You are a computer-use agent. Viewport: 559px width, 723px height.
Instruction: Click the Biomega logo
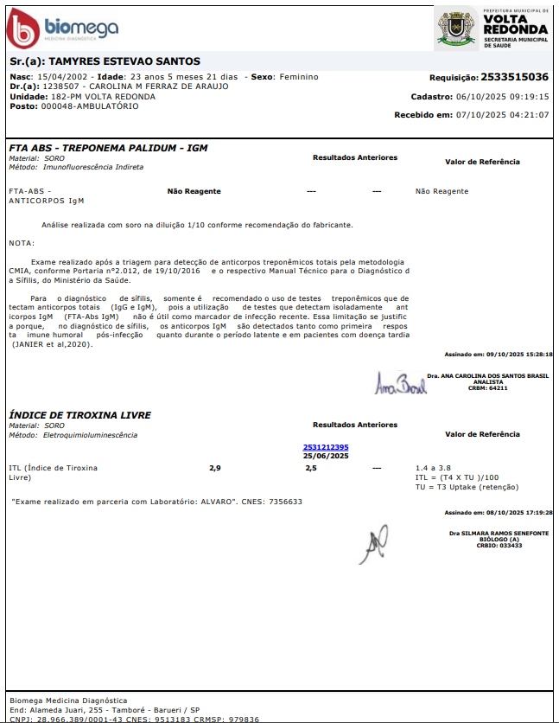tap(62, 29)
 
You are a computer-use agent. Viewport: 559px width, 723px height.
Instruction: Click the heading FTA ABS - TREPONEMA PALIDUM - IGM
tap(108, 148)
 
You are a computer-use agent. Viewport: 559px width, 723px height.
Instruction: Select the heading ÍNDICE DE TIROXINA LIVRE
tap(80, 415)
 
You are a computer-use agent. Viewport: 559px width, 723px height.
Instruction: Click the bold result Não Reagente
tap(194, 191)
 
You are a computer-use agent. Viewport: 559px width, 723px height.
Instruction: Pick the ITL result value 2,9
tap(215, 468)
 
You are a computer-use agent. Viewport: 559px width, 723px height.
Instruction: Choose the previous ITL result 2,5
tap(311, 468)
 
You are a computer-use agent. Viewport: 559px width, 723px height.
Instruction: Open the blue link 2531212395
tap(326, 447)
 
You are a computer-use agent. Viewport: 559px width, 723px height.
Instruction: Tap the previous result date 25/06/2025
tap(326, 456)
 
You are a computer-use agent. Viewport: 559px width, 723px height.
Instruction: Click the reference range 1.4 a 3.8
tap(433, 468)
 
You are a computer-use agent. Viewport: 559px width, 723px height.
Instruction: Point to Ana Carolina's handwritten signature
tap(400, 382)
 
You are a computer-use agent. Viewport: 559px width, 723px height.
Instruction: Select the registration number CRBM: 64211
tap(488, 388)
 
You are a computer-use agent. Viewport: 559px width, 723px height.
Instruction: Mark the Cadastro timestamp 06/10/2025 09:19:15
tap(505, 97)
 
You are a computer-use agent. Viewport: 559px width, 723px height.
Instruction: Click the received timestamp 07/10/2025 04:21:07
tap(505, 115)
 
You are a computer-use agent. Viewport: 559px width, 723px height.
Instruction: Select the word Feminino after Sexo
tap(298, 77)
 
